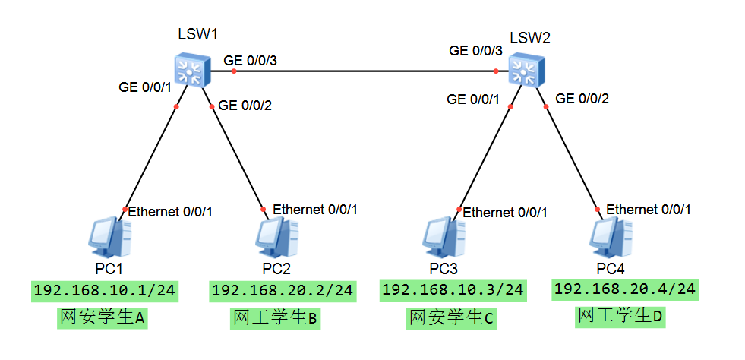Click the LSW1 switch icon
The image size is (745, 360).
click(191, 71)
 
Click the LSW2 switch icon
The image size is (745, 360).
click(526, 71)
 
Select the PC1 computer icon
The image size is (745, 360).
click(110, 238)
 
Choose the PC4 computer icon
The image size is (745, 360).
click(611, 238)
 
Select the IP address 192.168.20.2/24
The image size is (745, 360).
click(283, 291)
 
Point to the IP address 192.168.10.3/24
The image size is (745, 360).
click(453, 290)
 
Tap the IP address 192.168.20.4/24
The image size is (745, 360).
click(625, 289)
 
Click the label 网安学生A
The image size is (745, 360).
click(102, 318)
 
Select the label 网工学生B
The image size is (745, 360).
click(275, 318)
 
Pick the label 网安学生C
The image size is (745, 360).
click(451, 318)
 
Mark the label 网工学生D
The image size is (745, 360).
click(620, 315)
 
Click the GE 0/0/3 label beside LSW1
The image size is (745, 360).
click(250, 60)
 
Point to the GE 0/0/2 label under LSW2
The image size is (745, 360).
click(582, 98)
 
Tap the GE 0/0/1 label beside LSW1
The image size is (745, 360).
click(145, 87)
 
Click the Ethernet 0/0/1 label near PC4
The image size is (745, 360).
click(649, 210)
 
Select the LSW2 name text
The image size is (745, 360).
click(529, 38)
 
